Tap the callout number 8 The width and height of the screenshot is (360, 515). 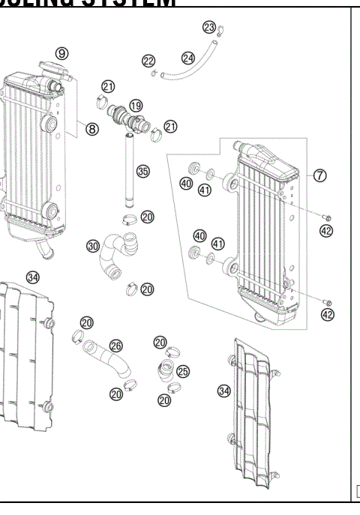click(92, 129)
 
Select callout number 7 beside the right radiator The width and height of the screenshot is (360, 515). click(320, 175)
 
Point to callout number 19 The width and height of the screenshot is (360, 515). click(136, 106)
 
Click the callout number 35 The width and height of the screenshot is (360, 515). click(142, 171)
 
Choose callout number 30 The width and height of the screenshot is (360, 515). click(92, 245)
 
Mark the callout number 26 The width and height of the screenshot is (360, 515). click(115, 346)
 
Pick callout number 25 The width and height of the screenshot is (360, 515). click(183, 370)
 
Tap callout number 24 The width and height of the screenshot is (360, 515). click(188, 58)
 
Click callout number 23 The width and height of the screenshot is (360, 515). click(209, 28)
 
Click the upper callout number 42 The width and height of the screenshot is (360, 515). click(327, 231)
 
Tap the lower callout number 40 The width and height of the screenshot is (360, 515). click(199, 235)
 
